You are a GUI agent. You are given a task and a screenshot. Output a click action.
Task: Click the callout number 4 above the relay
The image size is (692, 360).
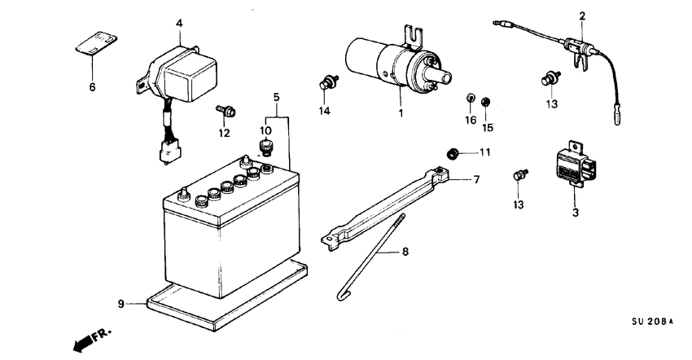click(x=178, y=24)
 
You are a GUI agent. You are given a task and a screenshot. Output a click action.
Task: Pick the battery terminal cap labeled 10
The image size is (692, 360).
click(x=265, y=147)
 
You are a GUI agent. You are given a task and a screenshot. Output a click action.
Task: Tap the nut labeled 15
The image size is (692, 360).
click(x=486, y=102)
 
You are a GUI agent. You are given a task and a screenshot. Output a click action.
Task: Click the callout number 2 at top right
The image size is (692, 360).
click(x=582, y=15)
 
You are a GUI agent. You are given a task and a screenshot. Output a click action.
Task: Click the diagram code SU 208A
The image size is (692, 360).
click(x=652, y=323)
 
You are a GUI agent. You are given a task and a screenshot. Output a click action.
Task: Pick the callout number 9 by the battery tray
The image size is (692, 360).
click(x=121, y=304)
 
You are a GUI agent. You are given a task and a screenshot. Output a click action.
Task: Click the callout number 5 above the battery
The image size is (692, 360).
click(x=277, y=97)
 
